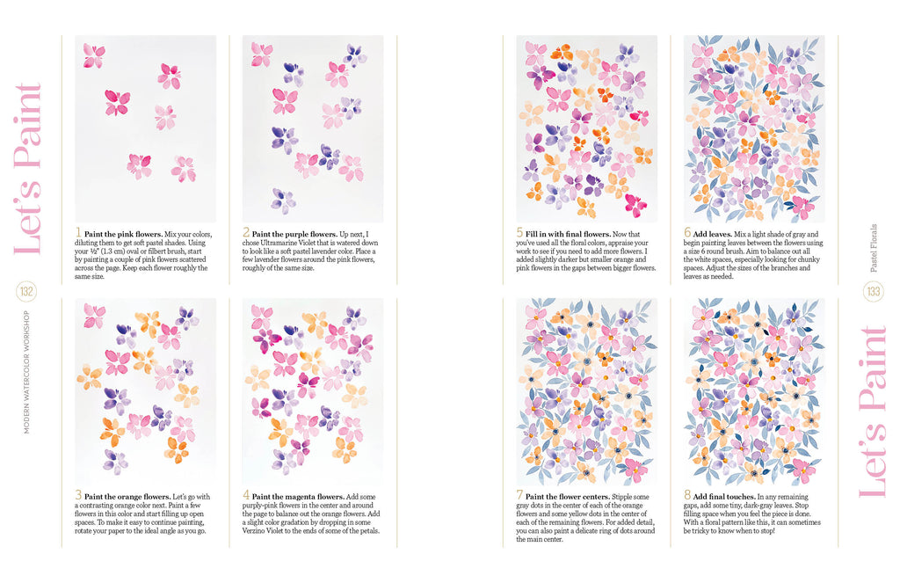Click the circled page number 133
click(x=874, y=291)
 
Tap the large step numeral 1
click(x=78, y=234)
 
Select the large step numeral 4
click(x=246, y=497)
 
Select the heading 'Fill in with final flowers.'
click(x=566, y=234)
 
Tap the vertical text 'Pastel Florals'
click(x=873, y=247)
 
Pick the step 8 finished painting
click(x=754, y=390)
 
